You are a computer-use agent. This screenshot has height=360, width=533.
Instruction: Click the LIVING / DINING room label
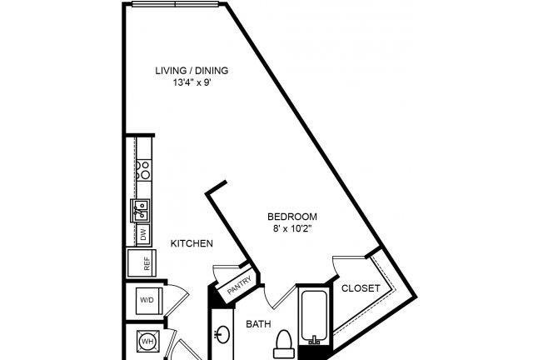[x=192, y=71]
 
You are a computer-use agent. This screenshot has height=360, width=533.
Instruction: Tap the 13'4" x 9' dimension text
[x=192, y=82]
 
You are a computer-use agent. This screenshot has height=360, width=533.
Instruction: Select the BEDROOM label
[x=292, y=217]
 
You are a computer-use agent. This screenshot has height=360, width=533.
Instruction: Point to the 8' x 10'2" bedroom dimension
[x=292, y=228]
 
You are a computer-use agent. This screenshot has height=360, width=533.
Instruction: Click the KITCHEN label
[x=192, y=243]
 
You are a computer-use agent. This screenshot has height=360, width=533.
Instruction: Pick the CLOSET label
[x=361, y=288]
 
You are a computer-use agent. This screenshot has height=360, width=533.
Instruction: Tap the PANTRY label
[x=239, y=285]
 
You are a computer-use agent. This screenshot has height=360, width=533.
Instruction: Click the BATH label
[x=258, y=324]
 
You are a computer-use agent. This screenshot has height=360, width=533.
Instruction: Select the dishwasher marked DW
[x=143, y=234]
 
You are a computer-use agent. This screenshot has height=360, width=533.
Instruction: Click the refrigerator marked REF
[x=142, y=263]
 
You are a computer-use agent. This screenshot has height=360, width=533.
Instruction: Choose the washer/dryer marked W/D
[x=147, y=301]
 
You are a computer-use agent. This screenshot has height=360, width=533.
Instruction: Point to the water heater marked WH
[x=148, y=342]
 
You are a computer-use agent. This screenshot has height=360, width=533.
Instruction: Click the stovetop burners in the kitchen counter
[x=144, y=170]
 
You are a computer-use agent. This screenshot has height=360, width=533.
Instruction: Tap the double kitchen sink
[x=140, y=211]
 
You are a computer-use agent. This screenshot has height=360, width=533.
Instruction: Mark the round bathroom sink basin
[x=223, y=335]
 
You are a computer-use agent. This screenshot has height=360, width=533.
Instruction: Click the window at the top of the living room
[x=175, y=4]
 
